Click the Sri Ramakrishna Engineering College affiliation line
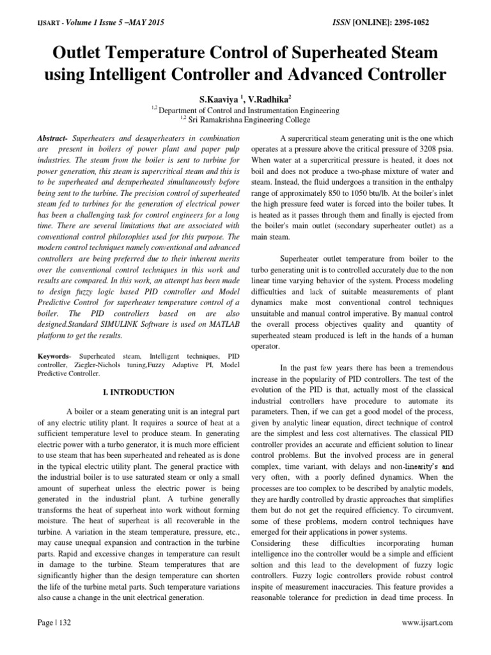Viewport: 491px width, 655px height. coord(248,120)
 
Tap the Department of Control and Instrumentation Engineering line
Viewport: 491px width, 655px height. coord(248,109)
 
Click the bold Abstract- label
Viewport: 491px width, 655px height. coord(52,138)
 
